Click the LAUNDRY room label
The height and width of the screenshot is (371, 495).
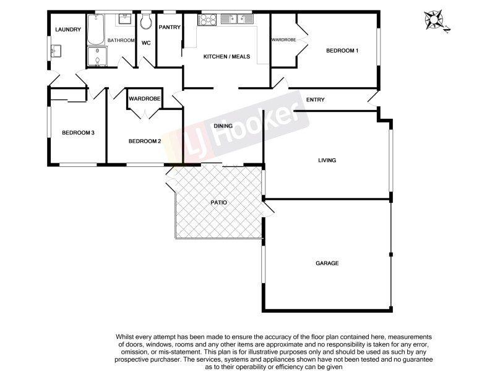[x=68, y=30]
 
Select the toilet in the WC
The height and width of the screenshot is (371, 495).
[x=146, y=23]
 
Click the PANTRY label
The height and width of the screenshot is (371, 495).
[x=170, y=27]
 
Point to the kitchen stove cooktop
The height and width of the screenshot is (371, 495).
[x=207, y=20]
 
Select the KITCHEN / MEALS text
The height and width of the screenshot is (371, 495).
[x=227, y=56]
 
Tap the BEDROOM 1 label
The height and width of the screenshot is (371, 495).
[x=342, y=51]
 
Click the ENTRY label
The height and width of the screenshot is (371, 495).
[x=315, y=100]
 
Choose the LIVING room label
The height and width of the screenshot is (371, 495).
[x=327, y=160]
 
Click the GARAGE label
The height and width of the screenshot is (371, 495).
[x=327, y=263]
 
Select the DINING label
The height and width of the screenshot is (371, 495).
[x=223, y=126]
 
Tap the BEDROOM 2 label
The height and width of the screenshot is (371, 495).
[x=145, y=141]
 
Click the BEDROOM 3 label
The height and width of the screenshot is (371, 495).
[x=77, y=132]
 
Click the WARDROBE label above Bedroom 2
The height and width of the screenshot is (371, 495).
[x=145, y=99]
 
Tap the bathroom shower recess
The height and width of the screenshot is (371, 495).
[x=97, y=58]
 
